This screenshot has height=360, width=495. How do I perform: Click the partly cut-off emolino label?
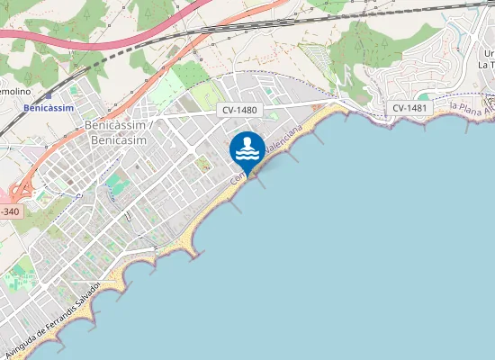pyautogui.click(x=14, y=92)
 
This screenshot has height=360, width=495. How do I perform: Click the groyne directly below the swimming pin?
pyautogui.click(x=262, y=180)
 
